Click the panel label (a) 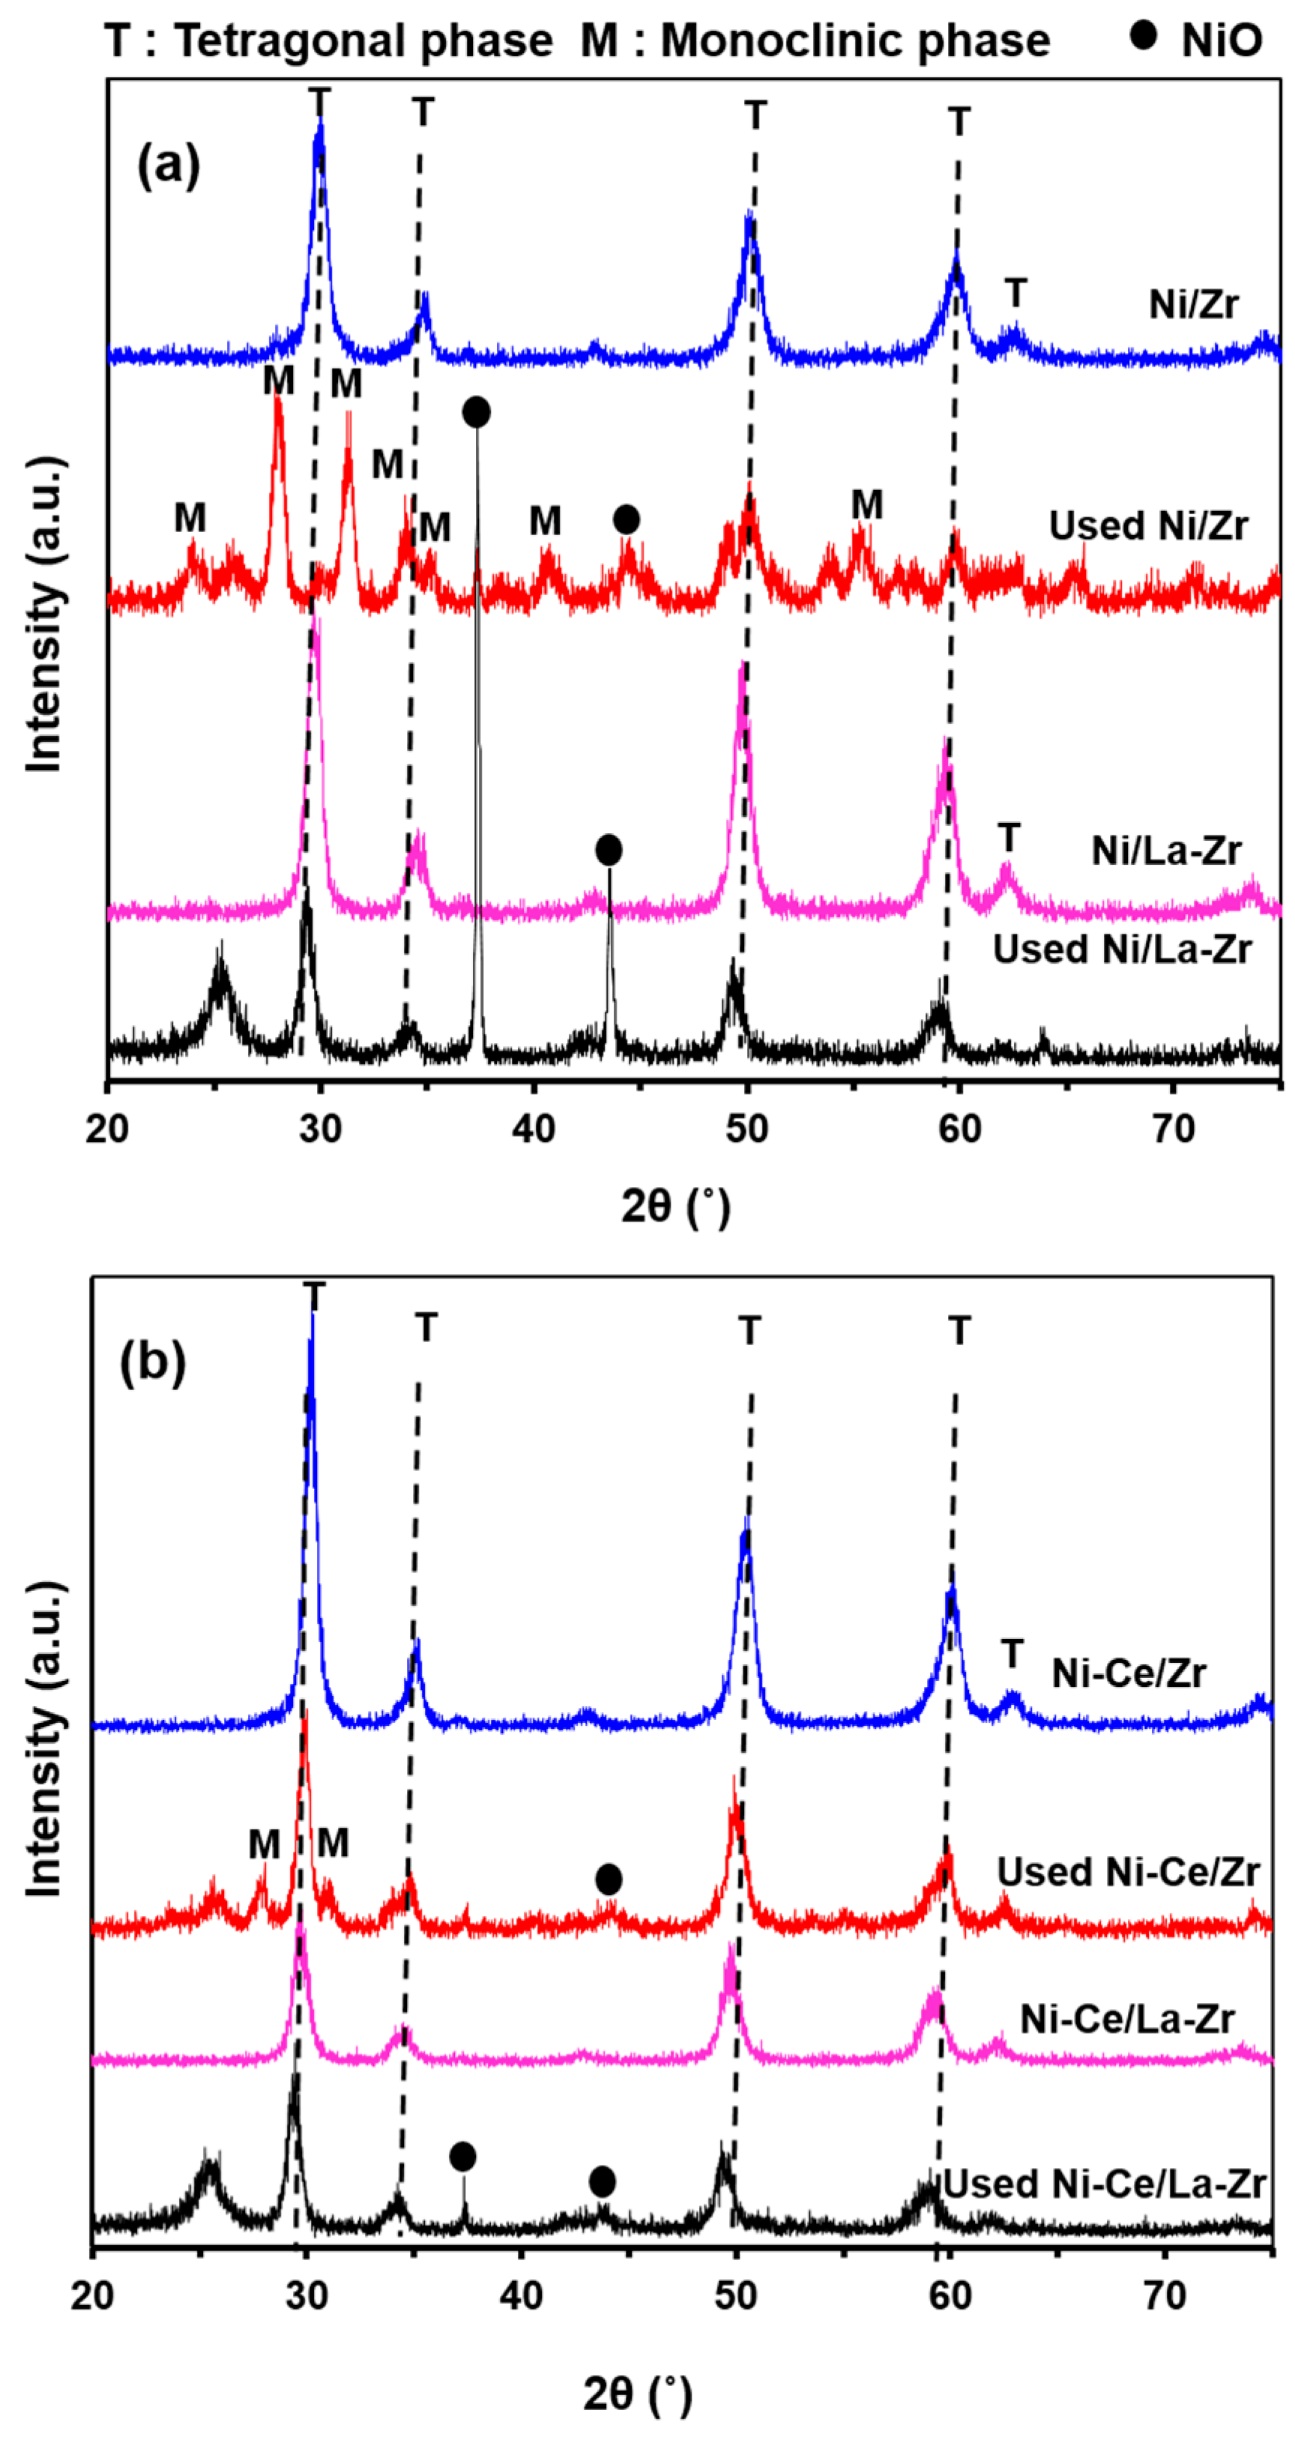[x=169, y=165]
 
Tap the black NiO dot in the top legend [x=1144, y=35]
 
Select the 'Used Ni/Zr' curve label [x=1148, y=526]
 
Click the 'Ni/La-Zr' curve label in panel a [x=1166, y=851]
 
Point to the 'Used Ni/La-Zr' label [x=1123, y=949]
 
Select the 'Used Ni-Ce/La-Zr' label [x=1105, y=2184]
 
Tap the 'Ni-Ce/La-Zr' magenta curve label [x=1127, y=2020]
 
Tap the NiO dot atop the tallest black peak [x=477, y=412]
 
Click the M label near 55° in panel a [x=867, y=504]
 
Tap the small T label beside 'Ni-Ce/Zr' [x=1012, y=1654]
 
